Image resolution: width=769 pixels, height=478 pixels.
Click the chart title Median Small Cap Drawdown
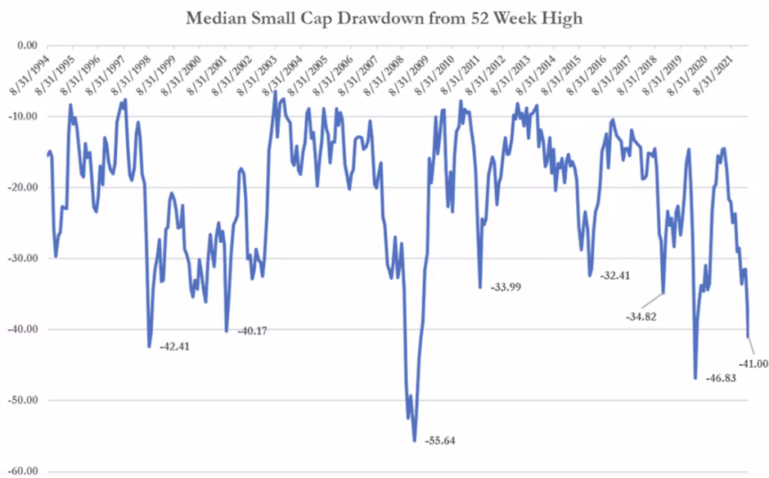pos(384,18)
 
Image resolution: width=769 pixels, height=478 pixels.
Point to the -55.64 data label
pos(441,440)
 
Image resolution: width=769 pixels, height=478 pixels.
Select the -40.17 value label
pos(254,331)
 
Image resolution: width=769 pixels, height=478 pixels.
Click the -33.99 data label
pos(508,287)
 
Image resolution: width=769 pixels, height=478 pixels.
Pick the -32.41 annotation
pos(615,276)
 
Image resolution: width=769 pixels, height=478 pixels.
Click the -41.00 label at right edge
pos(753,364)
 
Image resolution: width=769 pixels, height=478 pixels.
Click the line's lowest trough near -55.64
pos(415,440)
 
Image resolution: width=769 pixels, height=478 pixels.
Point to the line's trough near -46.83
pos(695,378)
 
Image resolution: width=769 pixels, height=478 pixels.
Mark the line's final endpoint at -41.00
pos(748,337)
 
